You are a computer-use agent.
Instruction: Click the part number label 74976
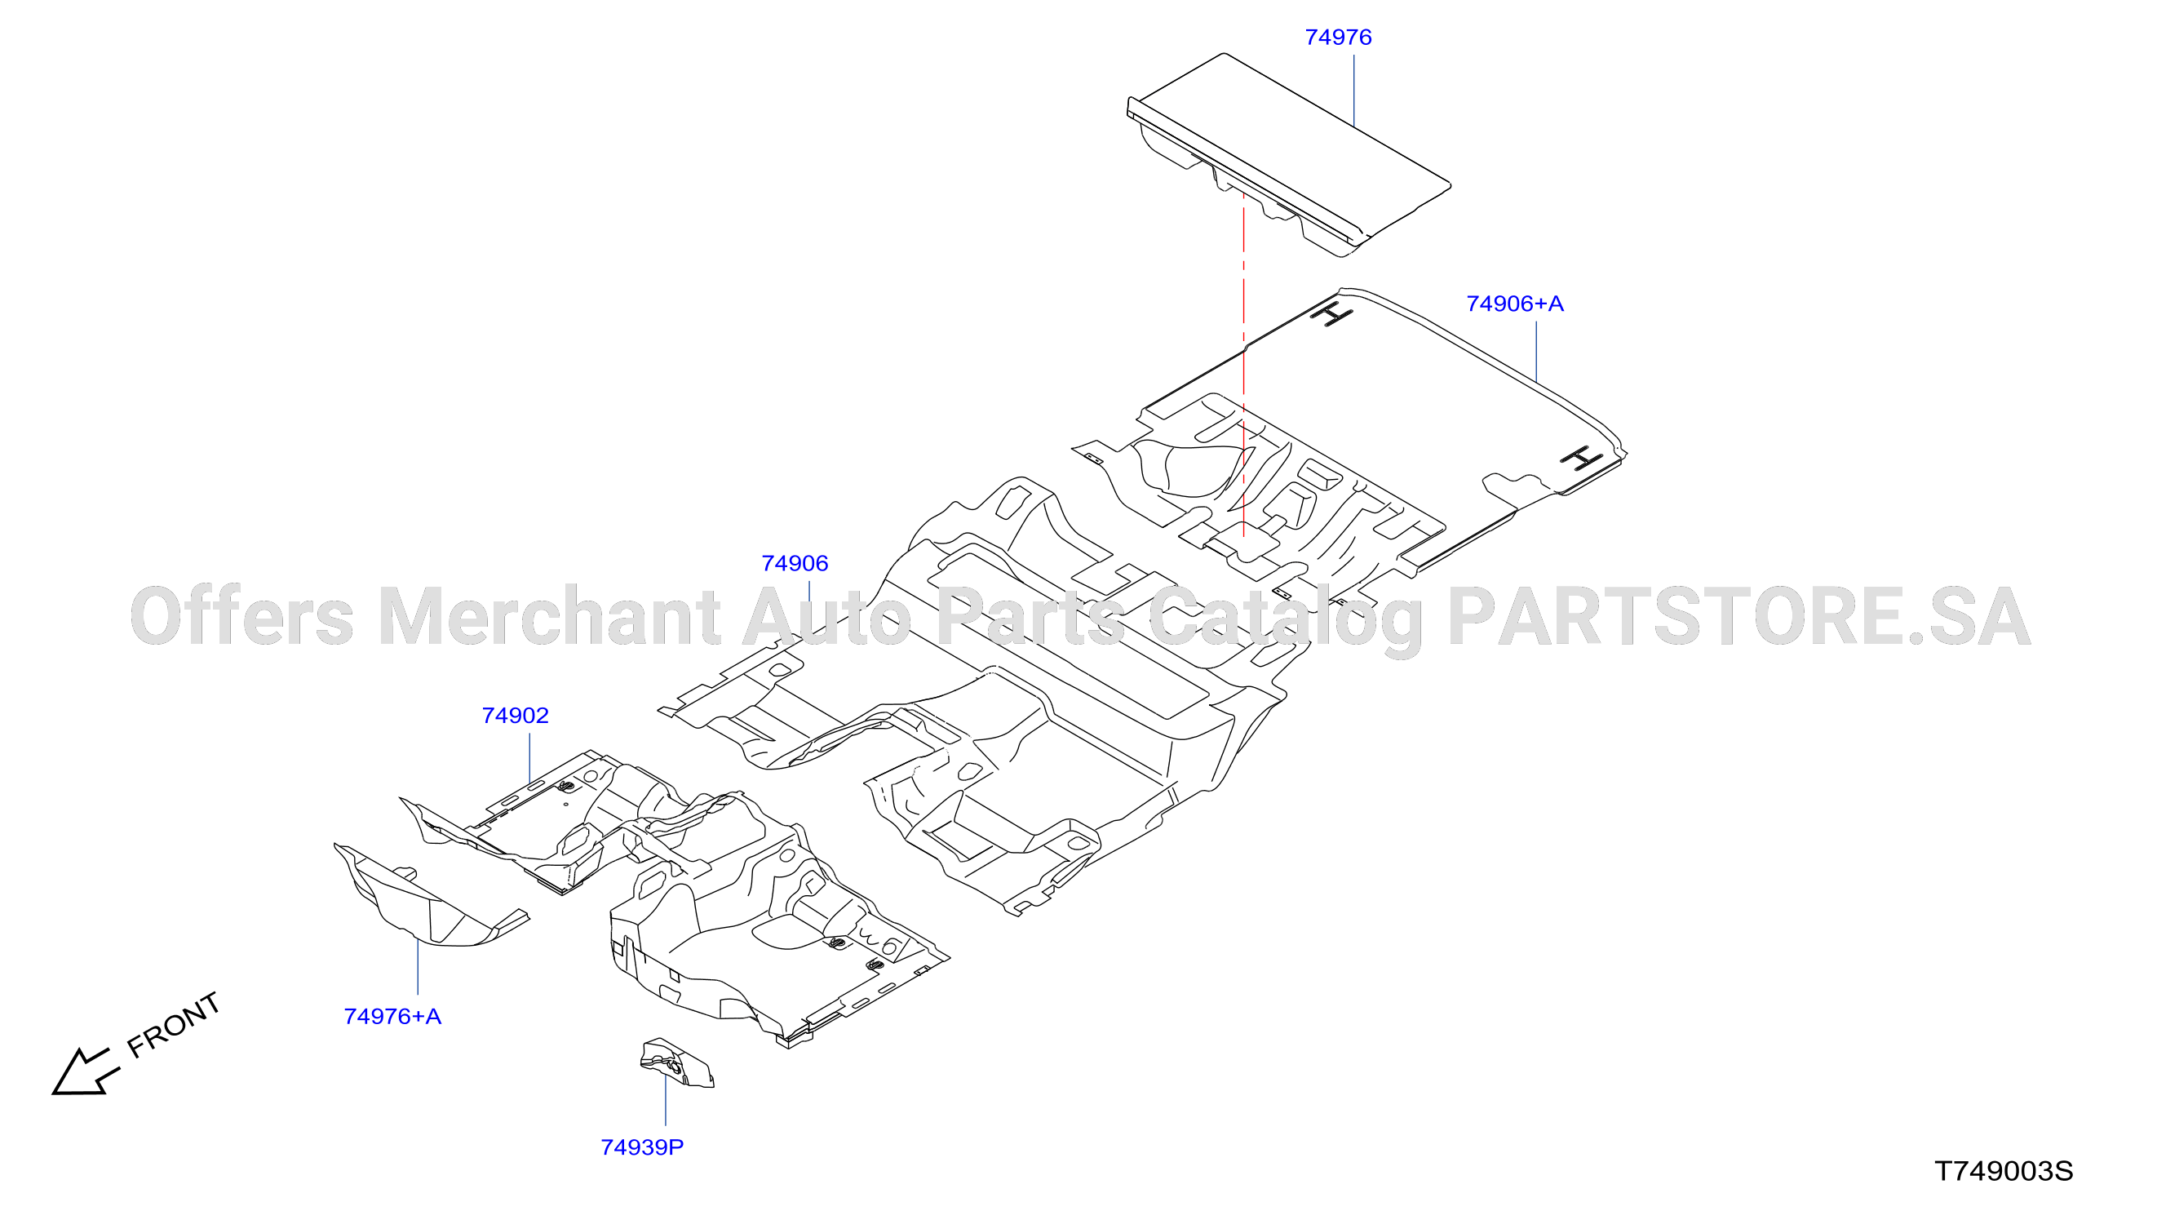point(1338,38)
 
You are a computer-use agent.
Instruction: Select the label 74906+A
point(1515,304)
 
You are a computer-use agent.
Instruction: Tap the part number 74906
point(795,564)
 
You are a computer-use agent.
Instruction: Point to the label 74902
point(515,716)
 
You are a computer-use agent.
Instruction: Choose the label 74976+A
point(392,1017)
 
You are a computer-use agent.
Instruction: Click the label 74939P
point(642,1148)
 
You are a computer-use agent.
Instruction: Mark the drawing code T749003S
point(2004,1172)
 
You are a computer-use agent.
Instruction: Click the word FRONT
point(173,1025)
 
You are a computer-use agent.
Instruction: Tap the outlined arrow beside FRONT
point(84,1072)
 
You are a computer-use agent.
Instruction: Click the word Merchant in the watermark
point(549,617)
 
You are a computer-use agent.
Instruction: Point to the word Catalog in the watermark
point(1286,619)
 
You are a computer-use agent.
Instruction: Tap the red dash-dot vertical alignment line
point(1244,373)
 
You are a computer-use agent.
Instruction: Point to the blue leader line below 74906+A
point(1536,352)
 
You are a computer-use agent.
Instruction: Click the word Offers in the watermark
point(242,617)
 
